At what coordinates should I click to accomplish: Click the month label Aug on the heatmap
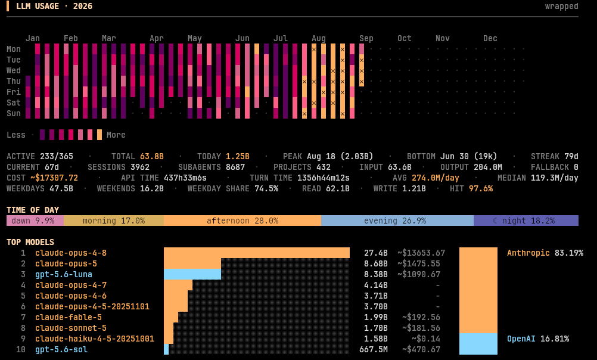(318, 38)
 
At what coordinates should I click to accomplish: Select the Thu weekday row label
(13, 81)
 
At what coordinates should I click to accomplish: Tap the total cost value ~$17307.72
(54, 178)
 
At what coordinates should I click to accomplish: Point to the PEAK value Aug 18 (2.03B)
(340, 156)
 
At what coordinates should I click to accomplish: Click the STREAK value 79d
(571, 156)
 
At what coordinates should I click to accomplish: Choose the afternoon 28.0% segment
(242, 221)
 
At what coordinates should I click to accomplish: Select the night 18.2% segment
(526, 221)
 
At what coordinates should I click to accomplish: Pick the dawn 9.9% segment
(35, 221)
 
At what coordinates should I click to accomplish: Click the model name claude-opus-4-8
(71, 253)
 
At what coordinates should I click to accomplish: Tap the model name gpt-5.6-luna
(64, 274)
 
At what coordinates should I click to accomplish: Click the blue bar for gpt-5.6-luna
(192, 274)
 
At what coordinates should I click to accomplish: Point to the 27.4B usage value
(375, 253)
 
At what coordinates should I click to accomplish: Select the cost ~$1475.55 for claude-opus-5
(419, 263)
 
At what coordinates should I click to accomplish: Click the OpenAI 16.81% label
(538, 339)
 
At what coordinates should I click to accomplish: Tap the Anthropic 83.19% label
(545, 253)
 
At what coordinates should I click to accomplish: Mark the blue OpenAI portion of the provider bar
(478, 344)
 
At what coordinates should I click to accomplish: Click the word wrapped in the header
(562, 7)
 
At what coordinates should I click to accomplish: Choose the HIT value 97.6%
(480, 188)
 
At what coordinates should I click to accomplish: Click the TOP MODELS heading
(30, 243)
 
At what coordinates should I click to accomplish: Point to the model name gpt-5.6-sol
(61, 349)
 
